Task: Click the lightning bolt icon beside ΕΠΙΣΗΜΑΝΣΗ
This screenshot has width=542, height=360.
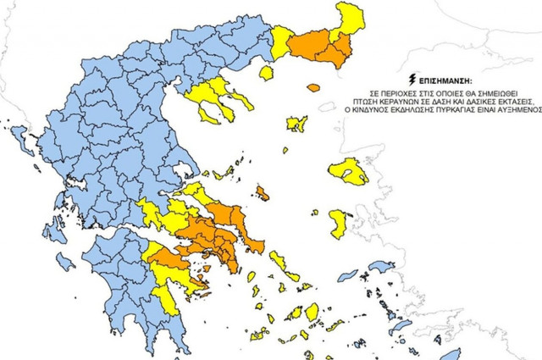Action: (412, 75)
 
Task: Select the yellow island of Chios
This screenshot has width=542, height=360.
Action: (337, 223)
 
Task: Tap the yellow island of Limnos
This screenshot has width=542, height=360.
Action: (296, 125)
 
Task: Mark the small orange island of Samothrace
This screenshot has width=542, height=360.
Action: (314, 86)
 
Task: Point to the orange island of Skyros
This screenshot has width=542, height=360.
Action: (264, 195)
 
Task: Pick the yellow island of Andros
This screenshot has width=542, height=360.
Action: (277, 257)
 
